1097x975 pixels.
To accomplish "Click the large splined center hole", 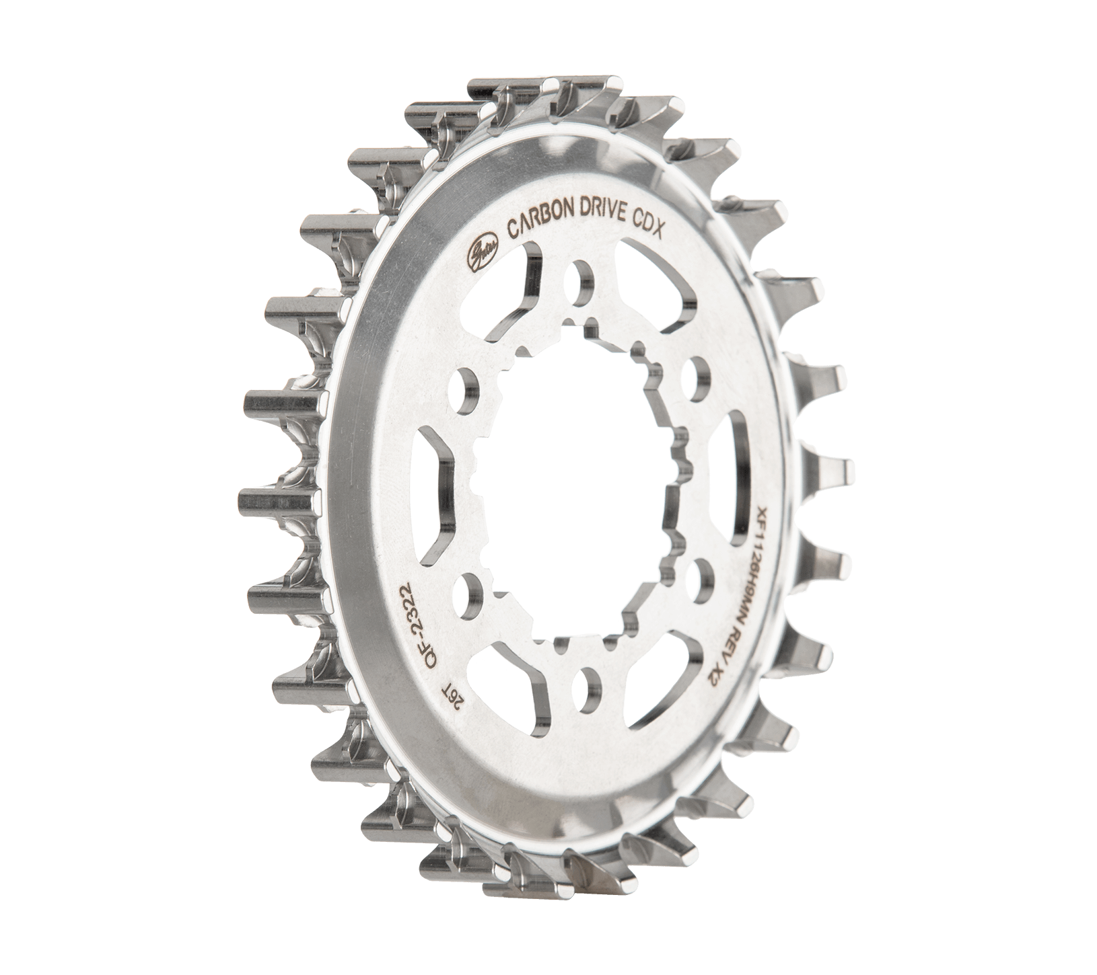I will [579, 471].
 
